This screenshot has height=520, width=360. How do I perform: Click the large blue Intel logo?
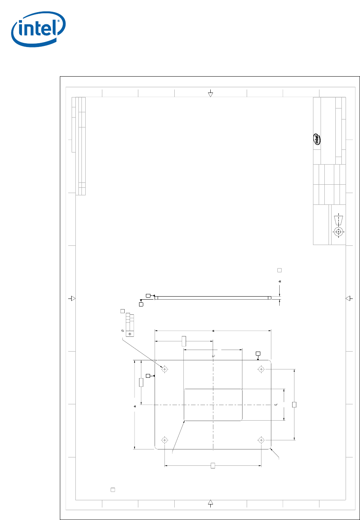click(x=39, y=29)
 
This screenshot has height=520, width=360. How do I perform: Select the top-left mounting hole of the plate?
click(x=164, y=369)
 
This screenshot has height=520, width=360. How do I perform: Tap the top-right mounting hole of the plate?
click(x=261, y=369)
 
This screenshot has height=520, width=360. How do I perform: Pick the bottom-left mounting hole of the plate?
click(x=164, y=440)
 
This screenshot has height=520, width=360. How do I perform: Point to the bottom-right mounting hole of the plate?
click(x=261, y=440)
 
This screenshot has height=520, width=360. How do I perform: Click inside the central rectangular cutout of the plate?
click(x=213, y=405)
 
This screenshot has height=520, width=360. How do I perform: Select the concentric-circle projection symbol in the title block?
click(x=339, y=232)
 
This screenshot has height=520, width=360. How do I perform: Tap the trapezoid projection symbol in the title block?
click(x=339, y=220)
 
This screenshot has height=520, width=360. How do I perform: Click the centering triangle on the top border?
click(x=210, y=94)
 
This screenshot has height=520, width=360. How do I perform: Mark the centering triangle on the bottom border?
click(x=210, y=502)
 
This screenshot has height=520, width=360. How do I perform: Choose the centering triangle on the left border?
click(x=73, y=298)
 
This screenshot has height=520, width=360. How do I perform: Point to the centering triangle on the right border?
click(x=348, y=298)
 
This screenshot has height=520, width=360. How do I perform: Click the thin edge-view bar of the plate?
click(x=213, y=298)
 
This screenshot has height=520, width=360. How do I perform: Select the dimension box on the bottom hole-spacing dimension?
click(x=213, y=465)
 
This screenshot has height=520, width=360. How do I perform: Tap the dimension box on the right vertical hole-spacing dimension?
click(x=294, y=405)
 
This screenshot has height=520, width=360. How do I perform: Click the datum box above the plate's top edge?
click(x=258, y=353)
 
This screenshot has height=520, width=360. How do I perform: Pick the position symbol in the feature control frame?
click(x=130, y=334)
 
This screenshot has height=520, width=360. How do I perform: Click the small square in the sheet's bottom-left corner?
click(x=113, y=490)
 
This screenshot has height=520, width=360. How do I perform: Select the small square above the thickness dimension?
click(x=280, y=270)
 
